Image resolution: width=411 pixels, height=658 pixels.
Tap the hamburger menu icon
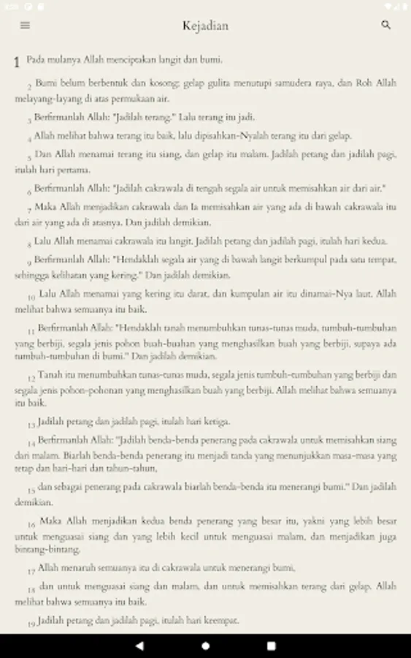pyautogui.click(x=26, y=26)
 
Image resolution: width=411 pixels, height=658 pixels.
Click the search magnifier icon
pyautogui.click(x=386, y=26)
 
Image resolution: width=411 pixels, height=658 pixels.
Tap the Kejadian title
pyautogui.click(x=205, y=26)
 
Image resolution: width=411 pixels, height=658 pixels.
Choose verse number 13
pyautogui.click(x=31, y=425)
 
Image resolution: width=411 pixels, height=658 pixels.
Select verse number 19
pyautogui.click(x=31, y=624)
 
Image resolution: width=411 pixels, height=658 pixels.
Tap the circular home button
pyautogui.click(x=205, y=646)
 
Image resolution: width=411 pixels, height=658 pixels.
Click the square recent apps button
pyautogui.click(x=271, y=646)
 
